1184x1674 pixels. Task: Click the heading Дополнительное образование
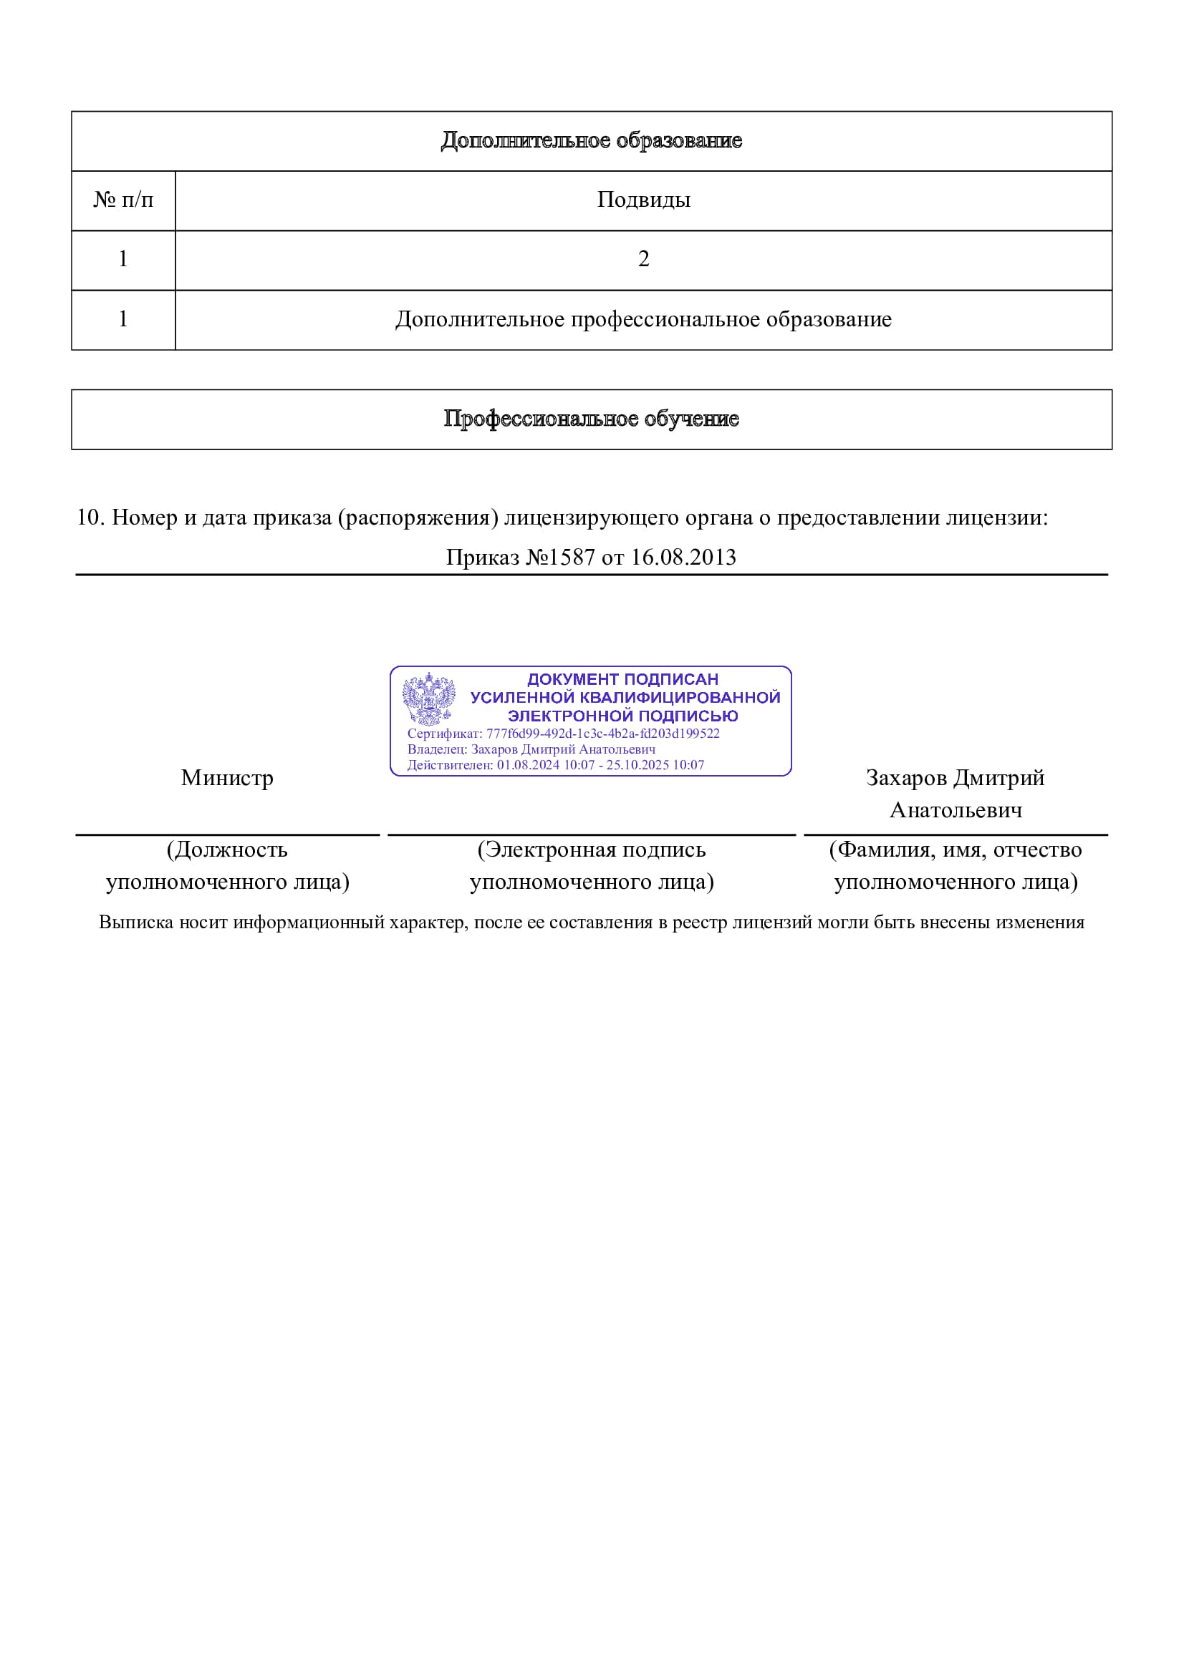[591, 140]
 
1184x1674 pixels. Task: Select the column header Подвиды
[642, 200]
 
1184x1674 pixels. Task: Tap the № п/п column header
[123, 200]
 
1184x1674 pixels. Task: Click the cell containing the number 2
[642, 259]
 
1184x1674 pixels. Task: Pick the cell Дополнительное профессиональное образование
[642, 319]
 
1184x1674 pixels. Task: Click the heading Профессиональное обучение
[591, 419]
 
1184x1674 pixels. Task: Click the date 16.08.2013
[683, 557]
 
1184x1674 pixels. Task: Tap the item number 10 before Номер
[91, 517]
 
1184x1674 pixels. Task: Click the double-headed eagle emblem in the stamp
[429, 698]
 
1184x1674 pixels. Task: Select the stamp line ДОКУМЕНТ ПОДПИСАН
[622, 678]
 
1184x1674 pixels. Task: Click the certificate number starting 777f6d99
[602, 734]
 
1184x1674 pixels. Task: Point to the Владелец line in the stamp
[531, 749]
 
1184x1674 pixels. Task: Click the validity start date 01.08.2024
[528, 765]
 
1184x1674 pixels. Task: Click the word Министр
[227, 778]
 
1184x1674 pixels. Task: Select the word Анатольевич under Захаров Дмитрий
[956, 810]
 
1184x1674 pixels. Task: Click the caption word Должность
[231, 850]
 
